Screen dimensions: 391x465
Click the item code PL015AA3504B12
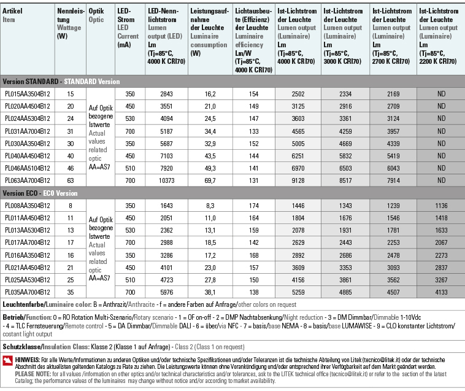[27, 94]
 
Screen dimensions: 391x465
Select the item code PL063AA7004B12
[27, 180]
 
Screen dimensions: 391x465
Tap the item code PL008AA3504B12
[27, 206]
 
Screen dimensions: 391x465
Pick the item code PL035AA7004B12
[27, 292]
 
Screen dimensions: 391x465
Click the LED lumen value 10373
[166, 180]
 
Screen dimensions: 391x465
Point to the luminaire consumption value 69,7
[210, 180]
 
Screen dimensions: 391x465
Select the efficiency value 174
[253, 206]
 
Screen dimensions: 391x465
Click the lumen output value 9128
[298, 180]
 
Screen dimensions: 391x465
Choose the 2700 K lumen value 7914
[393, 180]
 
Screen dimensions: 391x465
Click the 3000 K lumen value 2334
[345, 94]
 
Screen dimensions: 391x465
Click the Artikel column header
[12, 12]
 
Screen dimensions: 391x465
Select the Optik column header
[96, 12]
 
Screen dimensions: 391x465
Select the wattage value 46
[70, 168]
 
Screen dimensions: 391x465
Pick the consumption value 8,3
[210, 206]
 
